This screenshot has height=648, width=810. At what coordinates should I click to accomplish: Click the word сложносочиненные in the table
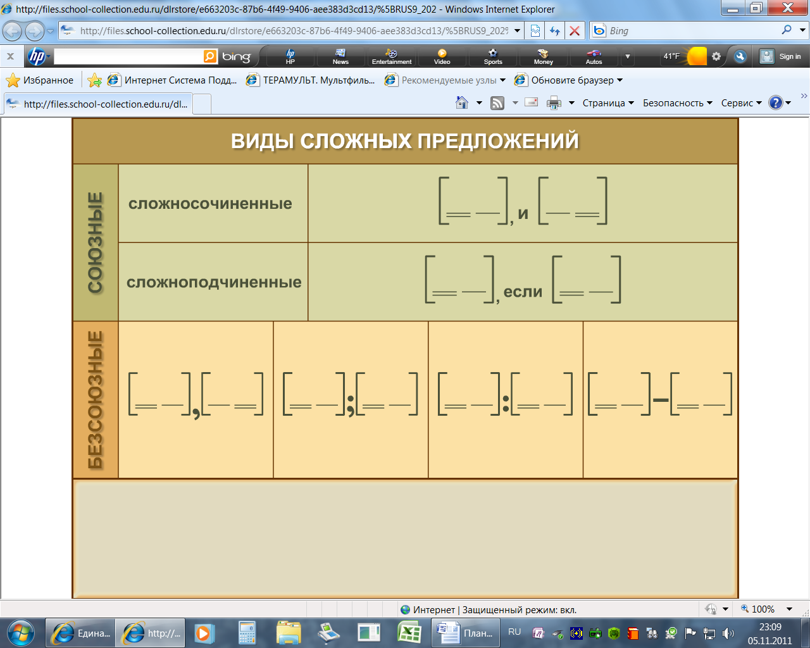click(x=210, y=204)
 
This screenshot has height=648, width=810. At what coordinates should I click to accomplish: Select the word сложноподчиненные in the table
click(x=214, y=282)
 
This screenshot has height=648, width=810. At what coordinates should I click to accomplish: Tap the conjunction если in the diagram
click(x=523, y=292)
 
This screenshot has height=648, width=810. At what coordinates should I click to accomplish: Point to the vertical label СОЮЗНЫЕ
click(x=95, y=242)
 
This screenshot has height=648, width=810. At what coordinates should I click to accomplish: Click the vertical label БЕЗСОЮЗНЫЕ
click(x=95, y=399)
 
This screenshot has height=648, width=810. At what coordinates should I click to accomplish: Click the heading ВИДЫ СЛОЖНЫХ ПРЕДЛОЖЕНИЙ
click(x=404, y=141)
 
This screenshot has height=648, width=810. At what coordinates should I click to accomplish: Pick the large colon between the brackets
click(x=506, y=403)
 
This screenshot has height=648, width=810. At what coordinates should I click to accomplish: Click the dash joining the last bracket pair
click(x=660, y=400)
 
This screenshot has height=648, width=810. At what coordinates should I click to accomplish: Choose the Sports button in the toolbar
click(x=493, y=56)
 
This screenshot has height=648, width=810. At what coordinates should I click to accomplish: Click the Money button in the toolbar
click(x=543, y=56)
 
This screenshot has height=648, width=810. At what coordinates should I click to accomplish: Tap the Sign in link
click(x=790, y=56)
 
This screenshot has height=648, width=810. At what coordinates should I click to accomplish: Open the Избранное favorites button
click(x=40, y=80)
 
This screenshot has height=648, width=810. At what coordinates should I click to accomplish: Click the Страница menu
click(x=608, y=103)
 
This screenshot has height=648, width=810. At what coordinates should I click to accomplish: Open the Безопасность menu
click(x=677, y=103)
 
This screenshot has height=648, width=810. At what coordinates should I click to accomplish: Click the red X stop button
click(x=575, y=31)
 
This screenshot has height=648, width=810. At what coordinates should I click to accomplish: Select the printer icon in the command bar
click(x=554, y=103)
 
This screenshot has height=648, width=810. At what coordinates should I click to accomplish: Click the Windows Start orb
click(x=20, y=633)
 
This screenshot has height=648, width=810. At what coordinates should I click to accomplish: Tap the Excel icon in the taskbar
click(x=409, y=633)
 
